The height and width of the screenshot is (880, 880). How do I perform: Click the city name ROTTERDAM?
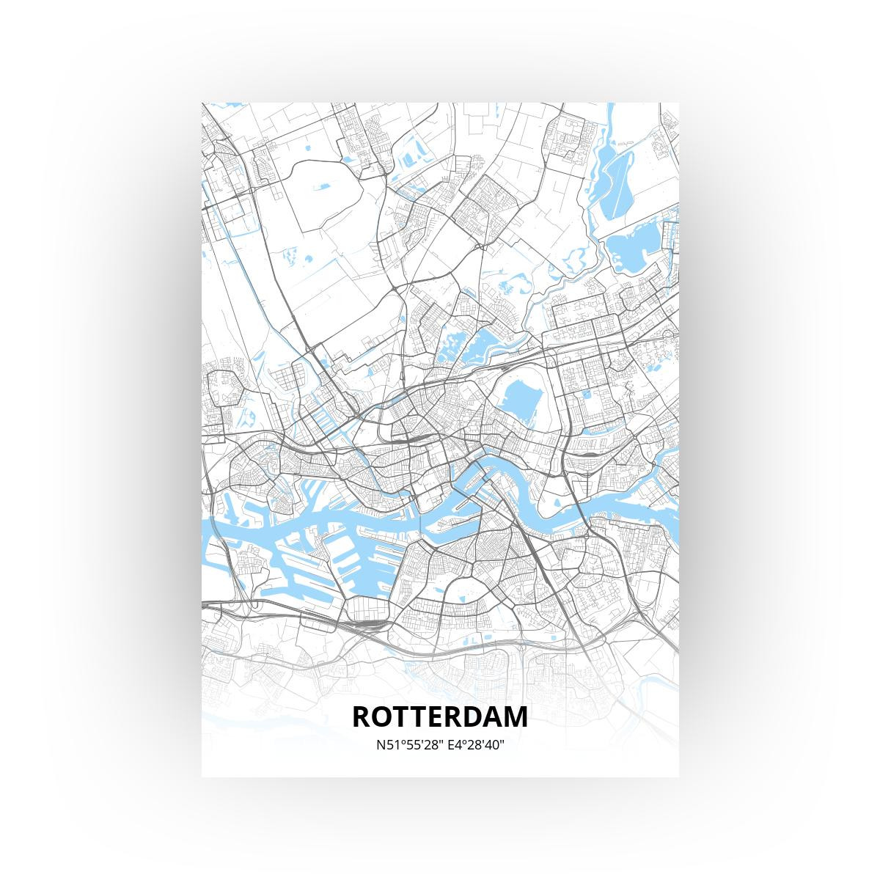(440, 716)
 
